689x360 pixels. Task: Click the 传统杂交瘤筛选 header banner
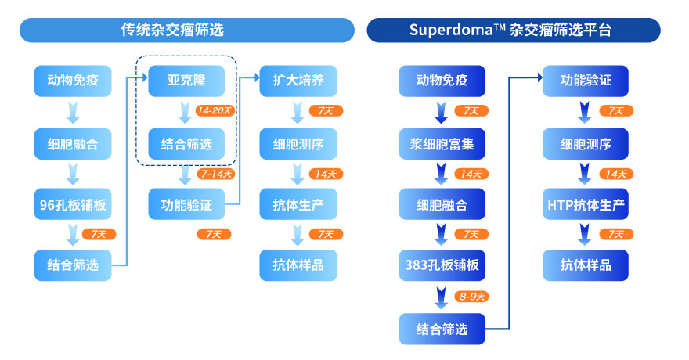pyautogui.click(x=187, y=31)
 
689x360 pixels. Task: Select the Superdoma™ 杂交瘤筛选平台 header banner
pyautogui.click(x=514, y=31)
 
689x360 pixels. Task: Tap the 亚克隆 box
pyautogui.click(x=186, y=81)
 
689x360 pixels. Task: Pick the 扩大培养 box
pyautogui.click(x=298, y=81)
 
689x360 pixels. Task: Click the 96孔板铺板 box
pyautogui.click(x=73, y=204)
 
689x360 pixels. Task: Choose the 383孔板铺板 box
pyautogui.click(x=442, y=265)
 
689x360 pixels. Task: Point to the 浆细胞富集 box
pyautogui.click(x=442, y=144)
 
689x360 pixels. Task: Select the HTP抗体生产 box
pyautogui.click(x=586, y=204)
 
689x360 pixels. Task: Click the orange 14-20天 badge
pyautogui.click(x=215, y=110)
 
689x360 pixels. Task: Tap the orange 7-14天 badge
pyautogui.click(x=216, y=174)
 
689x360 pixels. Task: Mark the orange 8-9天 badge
pyautogui.click(x=471, y=297)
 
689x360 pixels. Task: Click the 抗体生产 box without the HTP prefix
pyautogui.click(x=298, y=204)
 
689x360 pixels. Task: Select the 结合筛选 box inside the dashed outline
pyautogui.click(x=186, y=144)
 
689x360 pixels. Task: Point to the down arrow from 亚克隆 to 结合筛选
pyautogui.click(x=185, y=113)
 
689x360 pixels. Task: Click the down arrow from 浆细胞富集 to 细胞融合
pyautogui.click(x=441, y=174)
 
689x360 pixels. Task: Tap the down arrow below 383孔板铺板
pyautogui.click(x=441, y=298)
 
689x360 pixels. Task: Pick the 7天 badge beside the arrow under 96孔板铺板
pyautogui.click(x=99, y=234)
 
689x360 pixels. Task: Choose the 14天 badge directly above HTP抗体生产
pyautogui.click(x=616, y=174)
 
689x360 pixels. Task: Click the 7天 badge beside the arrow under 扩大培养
pyautogui.click(x=326, y=110)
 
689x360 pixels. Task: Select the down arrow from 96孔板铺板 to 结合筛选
pyautogui.click(x=73, y=235)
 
